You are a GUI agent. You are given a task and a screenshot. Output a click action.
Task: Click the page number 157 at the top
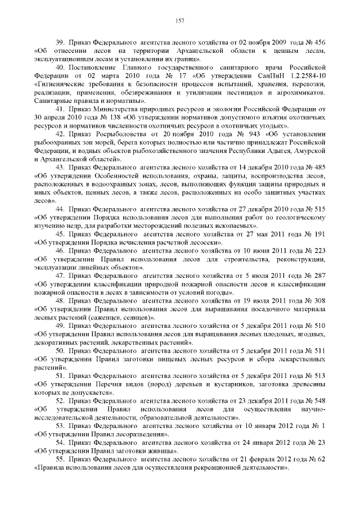180,21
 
